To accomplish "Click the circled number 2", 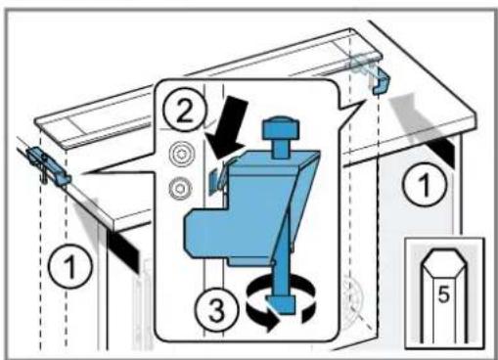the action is [185, 109].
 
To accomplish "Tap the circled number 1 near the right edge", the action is [425, 185].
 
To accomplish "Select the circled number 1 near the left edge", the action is [70, 266].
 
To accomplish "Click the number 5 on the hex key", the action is [443, 294].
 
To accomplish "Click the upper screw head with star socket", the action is [182, 155].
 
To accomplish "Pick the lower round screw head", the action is [180, 188].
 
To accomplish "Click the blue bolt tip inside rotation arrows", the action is [281, 304].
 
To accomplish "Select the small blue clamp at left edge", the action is [48, 165].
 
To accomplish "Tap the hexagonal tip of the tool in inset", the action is [443, 260].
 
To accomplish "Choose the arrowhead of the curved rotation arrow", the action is [271, 323].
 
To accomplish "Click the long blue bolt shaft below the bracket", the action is [281, 271].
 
